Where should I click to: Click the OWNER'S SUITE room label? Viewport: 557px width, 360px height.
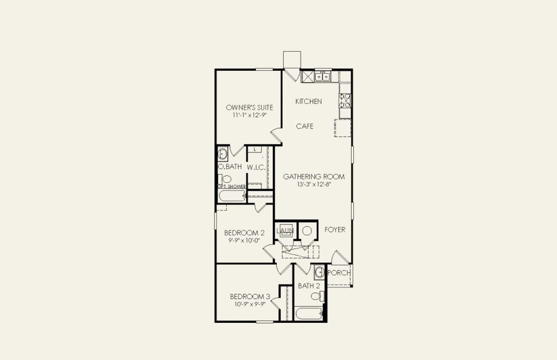coord(245,107)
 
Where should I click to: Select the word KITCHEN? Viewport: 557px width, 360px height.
coord(308,101)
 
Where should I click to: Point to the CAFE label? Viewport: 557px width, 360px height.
coord(306,127)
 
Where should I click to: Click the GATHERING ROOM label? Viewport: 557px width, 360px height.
coord(314,176)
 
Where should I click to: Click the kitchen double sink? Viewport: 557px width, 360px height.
coord(323,76)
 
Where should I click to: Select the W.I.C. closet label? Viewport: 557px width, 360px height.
coord(256,167)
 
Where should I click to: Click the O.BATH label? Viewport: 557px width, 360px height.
coord(230,167)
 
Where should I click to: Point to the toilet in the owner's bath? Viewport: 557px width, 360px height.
coord(226,179)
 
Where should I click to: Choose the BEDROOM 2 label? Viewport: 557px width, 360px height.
coord(244,233)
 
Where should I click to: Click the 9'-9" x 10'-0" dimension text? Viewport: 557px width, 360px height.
coord(244,241)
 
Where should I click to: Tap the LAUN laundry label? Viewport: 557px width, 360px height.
coord(284,230)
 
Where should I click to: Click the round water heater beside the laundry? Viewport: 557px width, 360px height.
coord(306,230)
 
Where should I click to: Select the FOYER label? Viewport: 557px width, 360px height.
coord(335,230)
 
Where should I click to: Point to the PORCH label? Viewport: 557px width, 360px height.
coord(339,273)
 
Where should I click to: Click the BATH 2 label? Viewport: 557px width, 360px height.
coord(309,286)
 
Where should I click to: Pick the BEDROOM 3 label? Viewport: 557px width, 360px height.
coord(250,296)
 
